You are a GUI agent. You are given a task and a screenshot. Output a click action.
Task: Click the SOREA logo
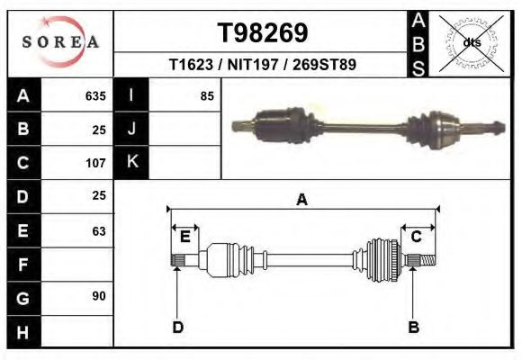pos(60,43)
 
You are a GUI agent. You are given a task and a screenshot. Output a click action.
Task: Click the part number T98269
pos(263,32)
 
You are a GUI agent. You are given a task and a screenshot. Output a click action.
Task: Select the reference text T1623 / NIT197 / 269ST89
pos(263,65)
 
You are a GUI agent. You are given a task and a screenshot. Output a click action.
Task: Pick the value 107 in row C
pos(94,163)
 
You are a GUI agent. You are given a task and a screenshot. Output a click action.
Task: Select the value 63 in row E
pos(98,231)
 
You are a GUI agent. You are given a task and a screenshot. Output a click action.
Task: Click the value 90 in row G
pos(98,295)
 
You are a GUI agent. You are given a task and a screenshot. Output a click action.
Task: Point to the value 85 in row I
pos(206,95)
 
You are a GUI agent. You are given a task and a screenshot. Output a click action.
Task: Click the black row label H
pos(23,331)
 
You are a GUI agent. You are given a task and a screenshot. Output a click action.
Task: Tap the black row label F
pos(23,265)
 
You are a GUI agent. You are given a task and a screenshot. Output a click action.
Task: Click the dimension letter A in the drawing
pos(302,200)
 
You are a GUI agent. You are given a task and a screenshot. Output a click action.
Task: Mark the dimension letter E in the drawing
pos(184,237)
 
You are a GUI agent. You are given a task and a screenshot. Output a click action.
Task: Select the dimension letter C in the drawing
pos(417,237)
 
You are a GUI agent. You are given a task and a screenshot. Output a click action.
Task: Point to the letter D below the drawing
pos(177,327)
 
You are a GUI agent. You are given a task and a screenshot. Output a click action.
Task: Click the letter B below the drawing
pos(413,327)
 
